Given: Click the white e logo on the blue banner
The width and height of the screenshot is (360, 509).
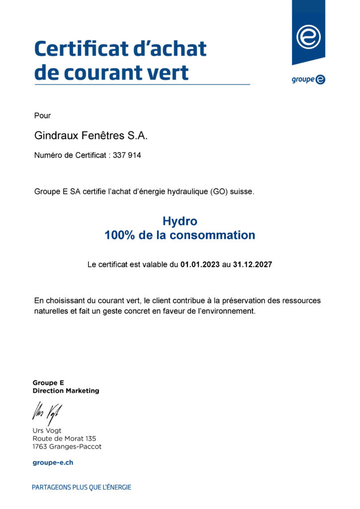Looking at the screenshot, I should [308, 36].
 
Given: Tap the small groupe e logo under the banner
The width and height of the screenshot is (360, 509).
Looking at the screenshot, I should [308, 79].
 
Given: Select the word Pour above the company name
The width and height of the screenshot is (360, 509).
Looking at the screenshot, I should [43, 116].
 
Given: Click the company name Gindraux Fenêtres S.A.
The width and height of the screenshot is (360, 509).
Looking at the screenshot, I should [91, 135].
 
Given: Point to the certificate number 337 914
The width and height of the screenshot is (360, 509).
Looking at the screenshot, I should [127, 156].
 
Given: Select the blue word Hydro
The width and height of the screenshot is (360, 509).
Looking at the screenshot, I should [180, 221].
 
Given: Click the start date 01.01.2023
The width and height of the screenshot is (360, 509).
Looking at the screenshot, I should [200, 265].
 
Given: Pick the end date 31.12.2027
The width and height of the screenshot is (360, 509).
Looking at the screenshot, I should [252, 265].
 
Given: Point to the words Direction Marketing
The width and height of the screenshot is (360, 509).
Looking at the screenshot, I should [66, 391].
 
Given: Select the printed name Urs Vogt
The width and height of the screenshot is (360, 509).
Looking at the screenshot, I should [47, 430].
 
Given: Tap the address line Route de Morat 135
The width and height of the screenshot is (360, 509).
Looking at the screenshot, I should [64, 438].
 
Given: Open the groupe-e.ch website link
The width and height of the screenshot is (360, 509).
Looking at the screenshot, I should [53, 463].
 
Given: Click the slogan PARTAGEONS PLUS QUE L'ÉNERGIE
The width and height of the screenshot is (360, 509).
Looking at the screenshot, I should [82, 488].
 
